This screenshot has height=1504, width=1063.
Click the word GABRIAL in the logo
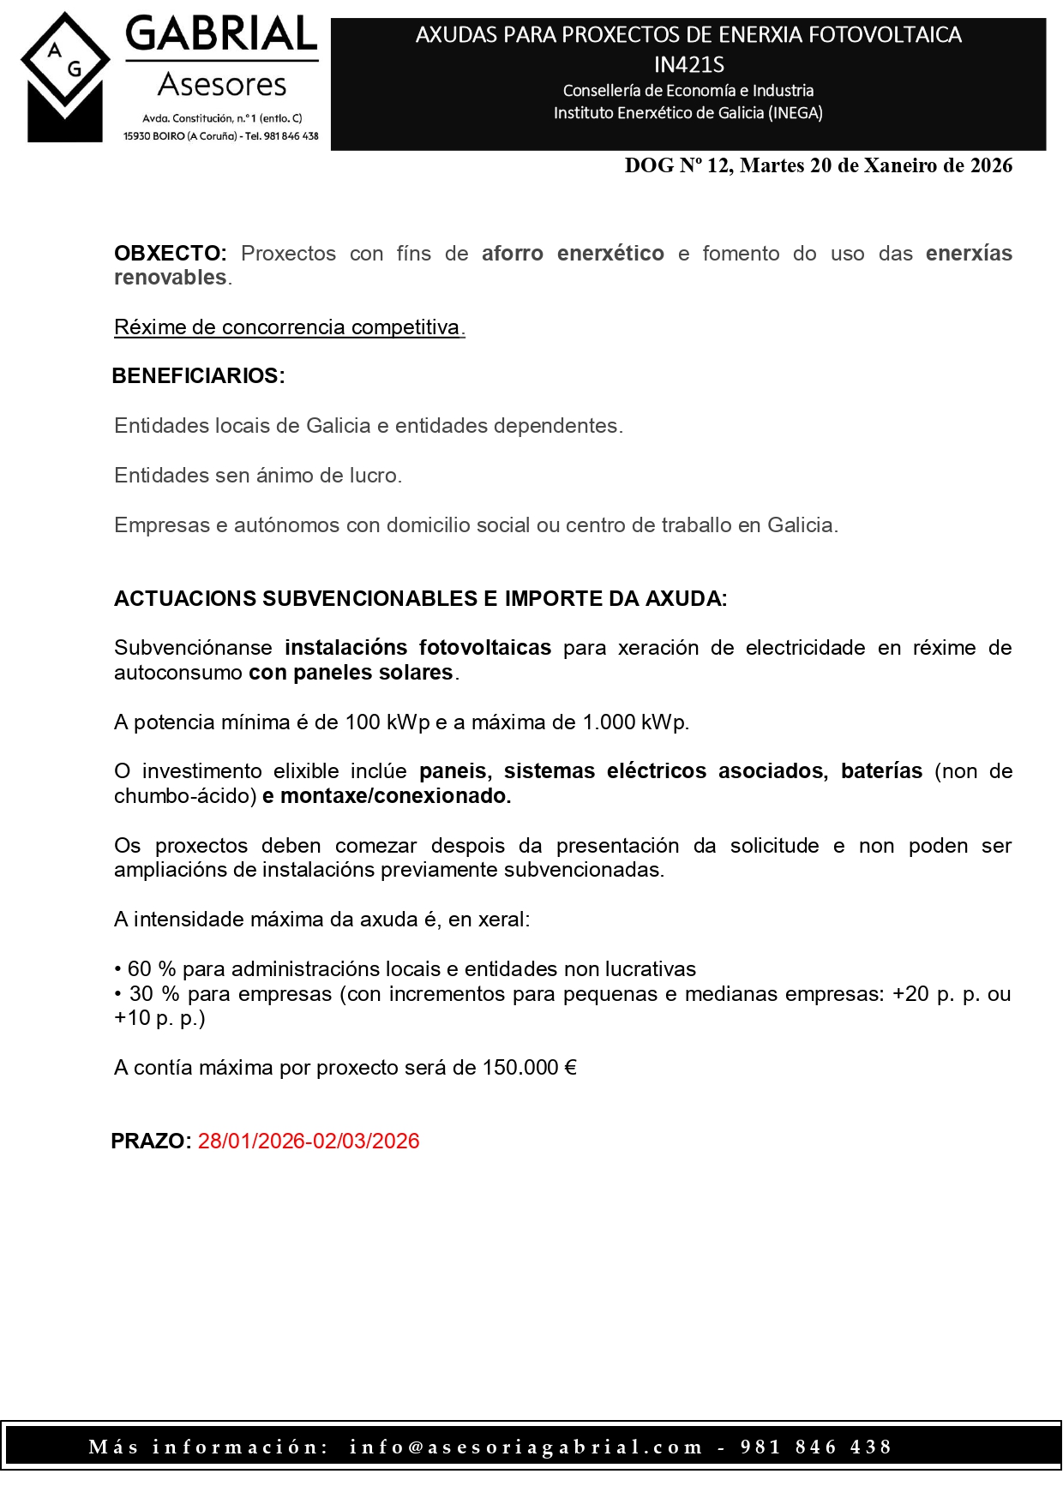point(221,35)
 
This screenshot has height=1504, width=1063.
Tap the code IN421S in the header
point(688,64)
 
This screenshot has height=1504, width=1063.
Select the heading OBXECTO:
point(170,254)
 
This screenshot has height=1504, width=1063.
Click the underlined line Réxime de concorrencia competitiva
point(289,327)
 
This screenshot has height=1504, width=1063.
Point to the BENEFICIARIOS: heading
point(198,376)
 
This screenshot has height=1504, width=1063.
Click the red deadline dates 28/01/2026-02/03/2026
point(309,1141)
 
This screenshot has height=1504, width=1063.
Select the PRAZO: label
point(151,1141)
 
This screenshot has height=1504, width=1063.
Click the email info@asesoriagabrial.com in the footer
point(525,1447)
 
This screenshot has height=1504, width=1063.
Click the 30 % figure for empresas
point(154,994)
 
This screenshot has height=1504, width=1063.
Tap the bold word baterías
point(881,771)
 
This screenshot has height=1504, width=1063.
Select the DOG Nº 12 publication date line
point(818,166)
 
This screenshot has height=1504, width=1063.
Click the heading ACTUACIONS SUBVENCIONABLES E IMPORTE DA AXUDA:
point(420,599)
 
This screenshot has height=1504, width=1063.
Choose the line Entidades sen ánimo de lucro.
point(257,476)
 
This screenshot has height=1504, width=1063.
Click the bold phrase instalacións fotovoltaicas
point(417,648)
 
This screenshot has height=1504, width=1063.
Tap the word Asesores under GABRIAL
point(222,85)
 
